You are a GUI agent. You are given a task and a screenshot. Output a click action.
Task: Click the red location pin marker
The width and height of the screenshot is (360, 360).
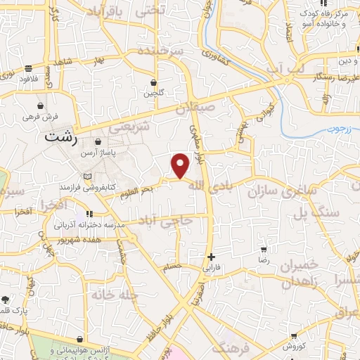coord(181,166)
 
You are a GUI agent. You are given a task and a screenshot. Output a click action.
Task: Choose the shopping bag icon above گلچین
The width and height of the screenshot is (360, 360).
coord(153,82)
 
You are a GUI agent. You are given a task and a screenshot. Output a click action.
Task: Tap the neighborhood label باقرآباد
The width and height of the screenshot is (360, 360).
coord(108,12)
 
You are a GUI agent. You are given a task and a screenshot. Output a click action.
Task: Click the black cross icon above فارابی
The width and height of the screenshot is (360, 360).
coord(211,257)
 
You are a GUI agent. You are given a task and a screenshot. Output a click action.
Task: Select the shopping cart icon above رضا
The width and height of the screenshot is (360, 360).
coord(263,249)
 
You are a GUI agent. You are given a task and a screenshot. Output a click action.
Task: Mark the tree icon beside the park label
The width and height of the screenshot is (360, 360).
coord(6,299)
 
